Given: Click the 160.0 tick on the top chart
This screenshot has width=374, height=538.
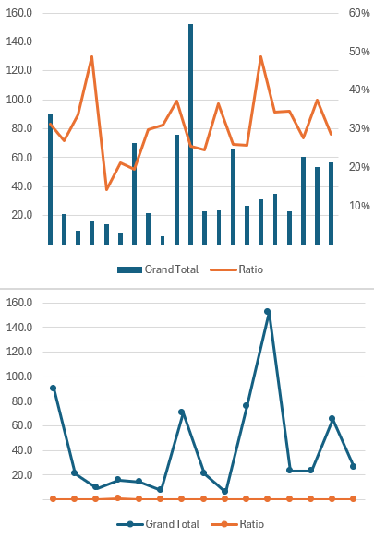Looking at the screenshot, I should click(x=19, y=13).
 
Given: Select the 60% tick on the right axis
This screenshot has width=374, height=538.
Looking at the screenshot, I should click(x=359, y=13).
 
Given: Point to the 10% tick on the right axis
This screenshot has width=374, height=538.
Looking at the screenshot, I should click(x=359, y=206).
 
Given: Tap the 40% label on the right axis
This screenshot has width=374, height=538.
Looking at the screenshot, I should click(x=359, y=90).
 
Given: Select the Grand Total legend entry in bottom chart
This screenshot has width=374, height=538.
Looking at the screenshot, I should click(x=154, y=523).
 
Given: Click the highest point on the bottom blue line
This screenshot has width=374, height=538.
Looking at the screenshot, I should click(x=267, y=312).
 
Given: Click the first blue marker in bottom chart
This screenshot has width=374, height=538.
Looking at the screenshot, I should click(x=53, y=388).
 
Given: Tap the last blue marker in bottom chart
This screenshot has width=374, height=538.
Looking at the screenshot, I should click(x=353, y=466).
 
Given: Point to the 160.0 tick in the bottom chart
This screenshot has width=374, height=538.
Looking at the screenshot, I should click(x=19, y=303).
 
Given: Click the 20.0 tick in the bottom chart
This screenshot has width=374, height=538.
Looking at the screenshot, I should click(x=19, y=474).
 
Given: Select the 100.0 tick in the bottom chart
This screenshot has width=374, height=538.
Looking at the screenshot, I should click(x=19, y=377).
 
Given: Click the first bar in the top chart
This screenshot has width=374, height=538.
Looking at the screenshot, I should click(x=50, y=179).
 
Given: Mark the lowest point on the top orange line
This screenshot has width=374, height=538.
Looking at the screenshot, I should click(x=106, y=189).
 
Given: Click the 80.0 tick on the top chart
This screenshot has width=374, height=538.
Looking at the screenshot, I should click(x=19, y=128).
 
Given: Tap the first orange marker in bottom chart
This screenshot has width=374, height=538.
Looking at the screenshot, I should click(x=53, y=498).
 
